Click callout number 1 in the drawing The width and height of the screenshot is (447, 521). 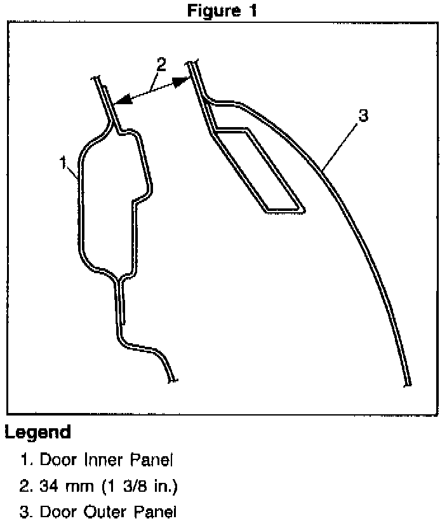coord(63,163)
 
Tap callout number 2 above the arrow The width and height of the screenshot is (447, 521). coord(161,64)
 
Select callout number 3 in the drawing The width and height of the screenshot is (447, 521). coord(363,116)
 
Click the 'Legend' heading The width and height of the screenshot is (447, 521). coord(37,433)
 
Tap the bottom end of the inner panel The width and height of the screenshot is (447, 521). coord(172,379)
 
